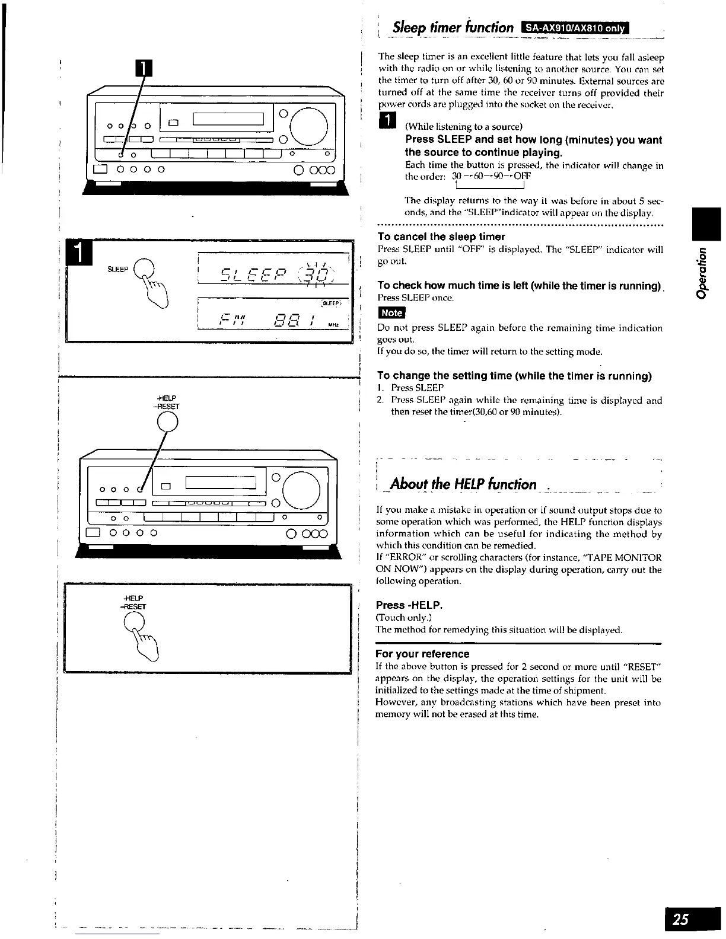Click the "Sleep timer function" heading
coord(454,27)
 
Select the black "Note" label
coord(391,312)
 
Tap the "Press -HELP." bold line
coord(410,605)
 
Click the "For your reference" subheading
coord(422,654)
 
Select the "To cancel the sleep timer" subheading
coord(441,237)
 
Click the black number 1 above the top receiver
coord(144,69)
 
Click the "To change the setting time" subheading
coord(514,376)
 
